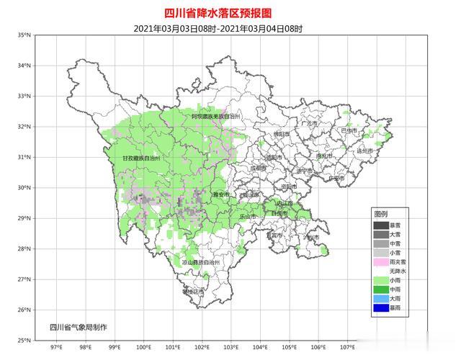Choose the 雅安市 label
(x=220, y=194)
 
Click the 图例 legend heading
(x=380, y=215)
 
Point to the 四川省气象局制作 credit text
(x=79, y=328)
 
